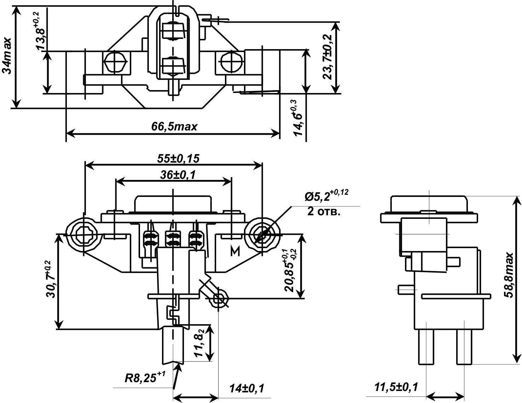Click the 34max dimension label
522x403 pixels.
tap(7, 56)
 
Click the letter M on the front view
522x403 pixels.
tap(235, 251)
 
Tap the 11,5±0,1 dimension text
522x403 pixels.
tap(396, 387)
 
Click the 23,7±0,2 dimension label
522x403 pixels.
tap(329, 57)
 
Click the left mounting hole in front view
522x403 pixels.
tap(83, 234)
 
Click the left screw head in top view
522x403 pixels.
tap(114, 63)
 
